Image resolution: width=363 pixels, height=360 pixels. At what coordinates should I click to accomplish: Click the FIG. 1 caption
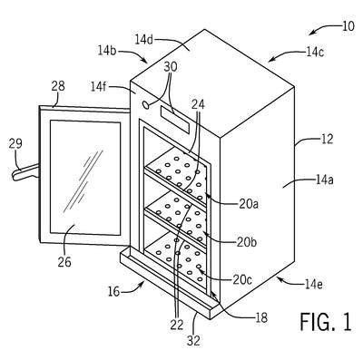pos(326,321)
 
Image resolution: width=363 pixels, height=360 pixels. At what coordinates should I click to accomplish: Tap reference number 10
pos(348,26)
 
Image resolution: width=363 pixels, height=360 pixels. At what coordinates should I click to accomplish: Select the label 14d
pos(144,40)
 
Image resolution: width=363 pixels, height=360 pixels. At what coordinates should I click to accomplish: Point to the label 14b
pos(107,51)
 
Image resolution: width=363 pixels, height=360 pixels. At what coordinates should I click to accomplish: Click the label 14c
pos(315,53)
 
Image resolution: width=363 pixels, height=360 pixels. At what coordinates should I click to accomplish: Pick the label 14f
pos(99,87)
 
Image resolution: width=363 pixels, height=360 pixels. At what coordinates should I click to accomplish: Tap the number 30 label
pos(171,67)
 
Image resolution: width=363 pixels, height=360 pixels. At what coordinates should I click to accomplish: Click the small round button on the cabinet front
pos(146,104)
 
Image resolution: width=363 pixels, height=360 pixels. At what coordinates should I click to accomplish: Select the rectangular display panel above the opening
pos(175,119)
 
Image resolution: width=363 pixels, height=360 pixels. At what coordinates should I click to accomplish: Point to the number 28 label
pos(58,86)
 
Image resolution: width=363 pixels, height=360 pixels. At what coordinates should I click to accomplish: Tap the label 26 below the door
pos(64,261)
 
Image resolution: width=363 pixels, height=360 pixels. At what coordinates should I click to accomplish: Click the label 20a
pos(249,204)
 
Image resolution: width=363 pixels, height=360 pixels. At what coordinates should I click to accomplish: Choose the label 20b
pos(247,242)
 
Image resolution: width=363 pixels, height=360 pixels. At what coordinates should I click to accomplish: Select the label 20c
pos(241,279)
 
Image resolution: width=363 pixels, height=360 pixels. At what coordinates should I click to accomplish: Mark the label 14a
pos(325,180)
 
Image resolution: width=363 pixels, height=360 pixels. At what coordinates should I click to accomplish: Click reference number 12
pos(327,139)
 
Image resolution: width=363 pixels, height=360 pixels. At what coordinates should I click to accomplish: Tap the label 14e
pos(311,284)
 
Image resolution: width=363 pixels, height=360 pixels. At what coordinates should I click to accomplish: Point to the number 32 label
pos(193,341)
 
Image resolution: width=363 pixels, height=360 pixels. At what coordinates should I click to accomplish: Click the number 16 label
pos(114,292)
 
